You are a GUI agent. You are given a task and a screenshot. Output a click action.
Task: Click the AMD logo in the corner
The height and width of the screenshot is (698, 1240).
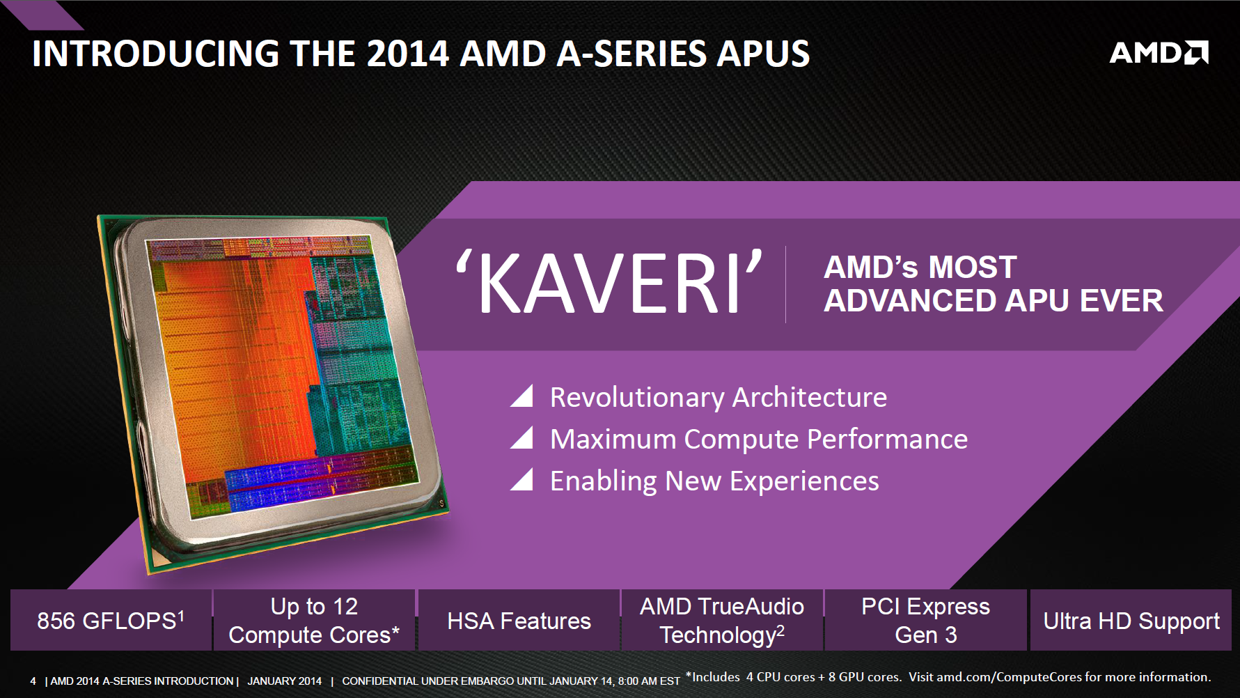(x=1159, y=53)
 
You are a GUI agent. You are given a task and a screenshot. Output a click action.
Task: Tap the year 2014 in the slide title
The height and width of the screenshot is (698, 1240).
(x=407, y=54)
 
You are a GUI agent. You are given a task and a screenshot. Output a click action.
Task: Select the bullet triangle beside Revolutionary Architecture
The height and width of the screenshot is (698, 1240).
(x=522, y=396)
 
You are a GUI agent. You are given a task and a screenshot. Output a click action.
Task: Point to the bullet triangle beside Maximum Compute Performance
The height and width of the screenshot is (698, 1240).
(x=522, y=437)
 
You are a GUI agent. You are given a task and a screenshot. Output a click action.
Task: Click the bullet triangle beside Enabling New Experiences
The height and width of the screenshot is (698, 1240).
(x=522, y=479)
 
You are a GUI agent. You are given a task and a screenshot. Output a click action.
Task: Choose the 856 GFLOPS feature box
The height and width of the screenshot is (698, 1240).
(x=111, y=620)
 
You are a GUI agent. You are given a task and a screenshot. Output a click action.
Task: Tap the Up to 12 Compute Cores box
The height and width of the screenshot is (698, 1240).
(x=314, y=620)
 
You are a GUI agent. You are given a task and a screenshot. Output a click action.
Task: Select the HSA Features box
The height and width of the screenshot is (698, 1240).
(x=519, y=620)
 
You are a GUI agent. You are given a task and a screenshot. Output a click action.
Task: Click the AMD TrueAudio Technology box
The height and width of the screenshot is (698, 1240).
(x=722, y=620)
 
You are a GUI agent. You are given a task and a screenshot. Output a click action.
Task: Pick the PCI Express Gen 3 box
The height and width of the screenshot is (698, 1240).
(x=926, y=620)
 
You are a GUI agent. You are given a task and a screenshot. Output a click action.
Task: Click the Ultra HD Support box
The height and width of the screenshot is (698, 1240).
(x=1131, y=620)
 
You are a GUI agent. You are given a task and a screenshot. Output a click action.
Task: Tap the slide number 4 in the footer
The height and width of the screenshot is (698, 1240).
(x=33, y=681)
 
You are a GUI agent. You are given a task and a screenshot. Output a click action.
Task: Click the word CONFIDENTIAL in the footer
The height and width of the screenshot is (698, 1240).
(x=380, y=681)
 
